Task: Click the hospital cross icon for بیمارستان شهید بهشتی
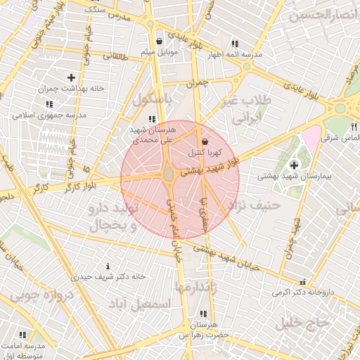tap(293, 165)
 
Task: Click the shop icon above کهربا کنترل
tap(205, 141)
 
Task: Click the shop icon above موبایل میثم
tap(160, 41)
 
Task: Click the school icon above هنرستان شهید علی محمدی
tap(151, 119)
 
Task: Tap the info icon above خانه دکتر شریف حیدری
tap(108, 266)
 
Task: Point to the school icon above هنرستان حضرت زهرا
tap(203, 314)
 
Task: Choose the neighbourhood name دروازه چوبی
tap(43, 297)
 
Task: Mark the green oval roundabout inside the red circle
tap(169, 173)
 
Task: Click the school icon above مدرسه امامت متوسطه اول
tap(22, 336)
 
